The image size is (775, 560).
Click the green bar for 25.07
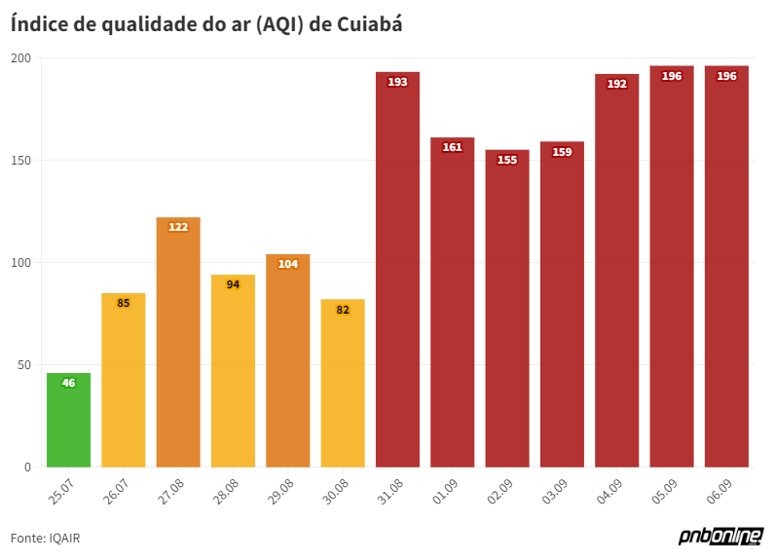tap(68, 421)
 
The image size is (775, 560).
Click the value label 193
tap(397, 82)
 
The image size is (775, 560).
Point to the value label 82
tap(343, 310)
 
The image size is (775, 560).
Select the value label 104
tap(288, 264)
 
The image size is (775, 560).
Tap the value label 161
tap(453, 148)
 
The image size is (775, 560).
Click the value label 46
tap(68, 383)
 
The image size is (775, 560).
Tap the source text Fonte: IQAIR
tap(45, 538)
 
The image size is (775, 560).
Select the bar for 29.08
tap(288, 361)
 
